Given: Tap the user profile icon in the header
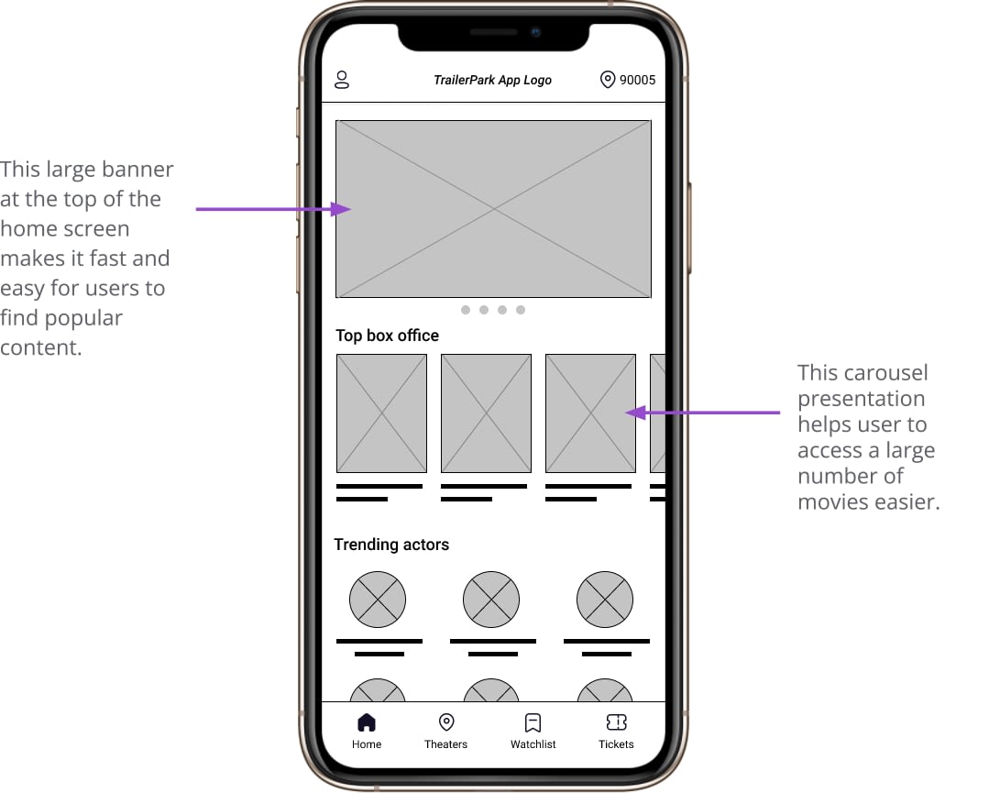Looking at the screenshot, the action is [342, 80].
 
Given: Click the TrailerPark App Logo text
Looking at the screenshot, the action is [492, 80].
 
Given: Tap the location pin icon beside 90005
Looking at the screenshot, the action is [608, 80].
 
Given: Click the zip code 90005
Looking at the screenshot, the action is [637, 80].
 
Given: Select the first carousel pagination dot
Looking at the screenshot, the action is [466, 310].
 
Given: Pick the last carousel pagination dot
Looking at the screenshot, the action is [521, 310].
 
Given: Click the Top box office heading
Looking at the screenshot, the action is [388, 336].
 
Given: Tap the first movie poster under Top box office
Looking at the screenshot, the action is [381, 413].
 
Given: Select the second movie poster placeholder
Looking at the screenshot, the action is [487, 413].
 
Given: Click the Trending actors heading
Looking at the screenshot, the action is [391, 545].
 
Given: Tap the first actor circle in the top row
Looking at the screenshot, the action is [378, 600].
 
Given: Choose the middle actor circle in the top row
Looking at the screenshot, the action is [491, 600].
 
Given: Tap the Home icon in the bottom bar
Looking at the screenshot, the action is [367, 722].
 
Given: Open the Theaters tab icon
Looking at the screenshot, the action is [446, 722].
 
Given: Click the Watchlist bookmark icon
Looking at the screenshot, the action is [533, 722].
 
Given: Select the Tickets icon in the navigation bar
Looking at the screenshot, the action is [616, 722].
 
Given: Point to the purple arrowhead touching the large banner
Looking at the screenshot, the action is [341, 209].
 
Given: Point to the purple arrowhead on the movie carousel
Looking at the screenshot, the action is [636, 413].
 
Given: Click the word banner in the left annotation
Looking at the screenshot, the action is [137, 169].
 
